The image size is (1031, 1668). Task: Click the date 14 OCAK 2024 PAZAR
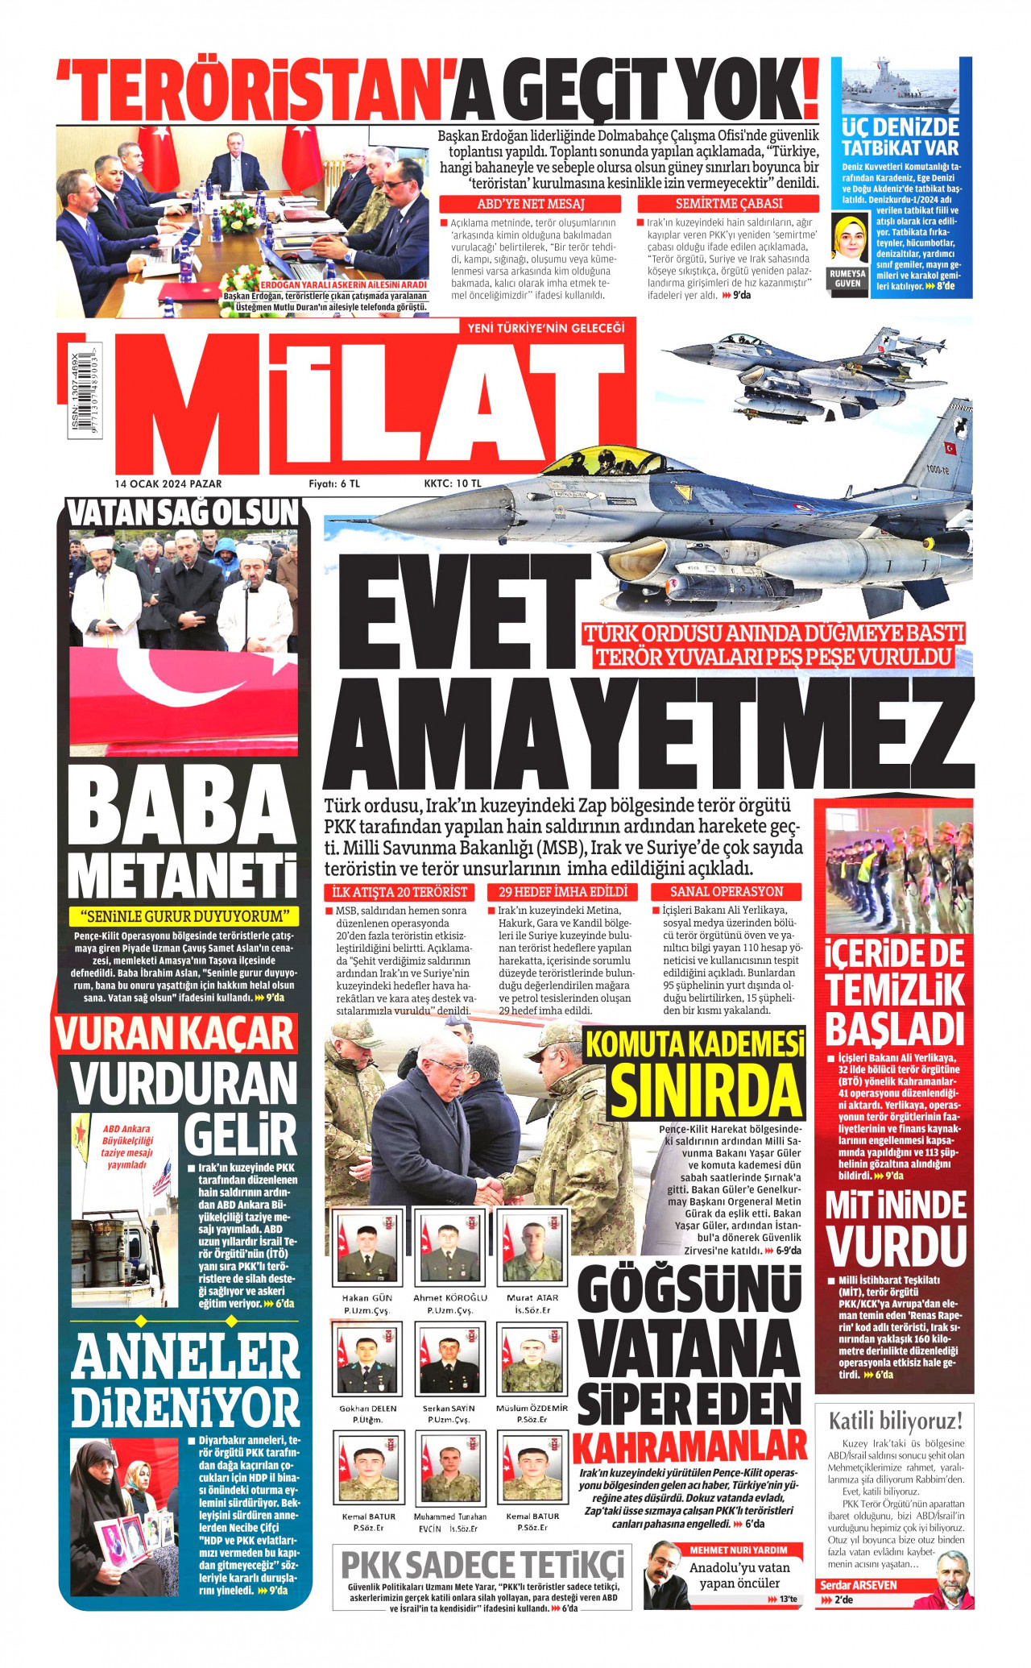click(168, 483)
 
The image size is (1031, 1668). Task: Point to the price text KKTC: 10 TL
click(452, 483)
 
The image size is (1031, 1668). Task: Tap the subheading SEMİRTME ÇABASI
click(728, 205)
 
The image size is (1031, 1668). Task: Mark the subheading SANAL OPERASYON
click(727, 892)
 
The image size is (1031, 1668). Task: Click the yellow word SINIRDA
click(706, 1090)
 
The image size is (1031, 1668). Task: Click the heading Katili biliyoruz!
click(895, 1421)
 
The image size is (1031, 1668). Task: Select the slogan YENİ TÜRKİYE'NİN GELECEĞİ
click(545, 328)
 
